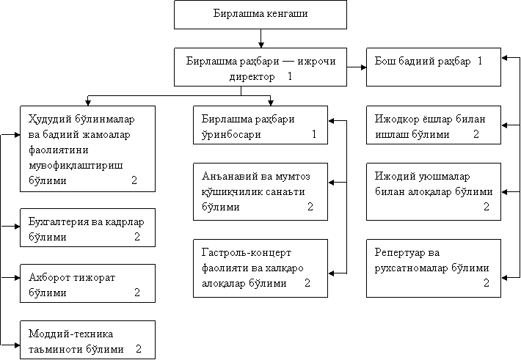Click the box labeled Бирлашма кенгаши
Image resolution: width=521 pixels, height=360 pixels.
click(x=260, y=14)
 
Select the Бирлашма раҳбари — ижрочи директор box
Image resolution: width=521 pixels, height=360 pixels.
click(x=260, y=68)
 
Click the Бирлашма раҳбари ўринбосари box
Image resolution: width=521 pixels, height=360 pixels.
click(x=260, y=126)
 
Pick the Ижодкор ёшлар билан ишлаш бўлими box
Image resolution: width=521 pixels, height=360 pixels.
click(x=433, y=126)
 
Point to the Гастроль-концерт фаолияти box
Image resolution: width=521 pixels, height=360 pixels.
click(x=260, y=268)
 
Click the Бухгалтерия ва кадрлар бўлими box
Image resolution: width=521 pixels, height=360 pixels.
click(x=87, y=228)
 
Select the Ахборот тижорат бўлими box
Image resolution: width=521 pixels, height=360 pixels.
click(x=87, y=284)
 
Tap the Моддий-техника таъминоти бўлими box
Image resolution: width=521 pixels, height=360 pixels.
click(x=87, y=340)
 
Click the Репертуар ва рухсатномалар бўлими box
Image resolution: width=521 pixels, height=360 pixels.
click(x=433, y=268)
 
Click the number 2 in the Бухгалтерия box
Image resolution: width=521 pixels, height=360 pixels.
click(x=137, y=237)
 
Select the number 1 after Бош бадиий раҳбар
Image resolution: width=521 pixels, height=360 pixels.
click(x=479, y=62)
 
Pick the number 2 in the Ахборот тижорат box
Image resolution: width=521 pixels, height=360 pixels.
click(x=137, y=293)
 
